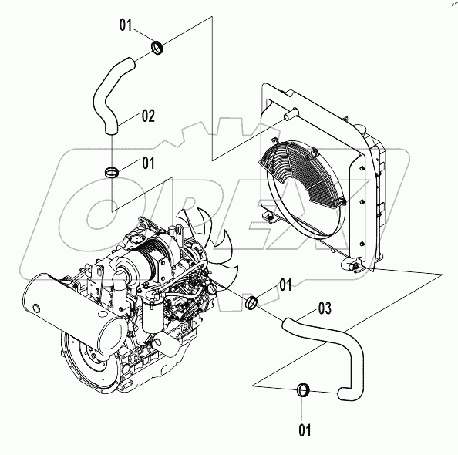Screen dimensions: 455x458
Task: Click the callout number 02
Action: click(x=147, y=116)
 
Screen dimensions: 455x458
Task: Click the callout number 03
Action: click(x=325, y=309)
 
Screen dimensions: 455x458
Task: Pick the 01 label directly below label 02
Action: click(x=147, y=163)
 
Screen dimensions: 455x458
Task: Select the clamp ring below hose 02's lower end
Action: click(x=113, y=170)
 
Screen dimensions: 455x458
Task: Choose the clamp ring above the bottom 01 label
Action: click(x=304, y=390)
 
